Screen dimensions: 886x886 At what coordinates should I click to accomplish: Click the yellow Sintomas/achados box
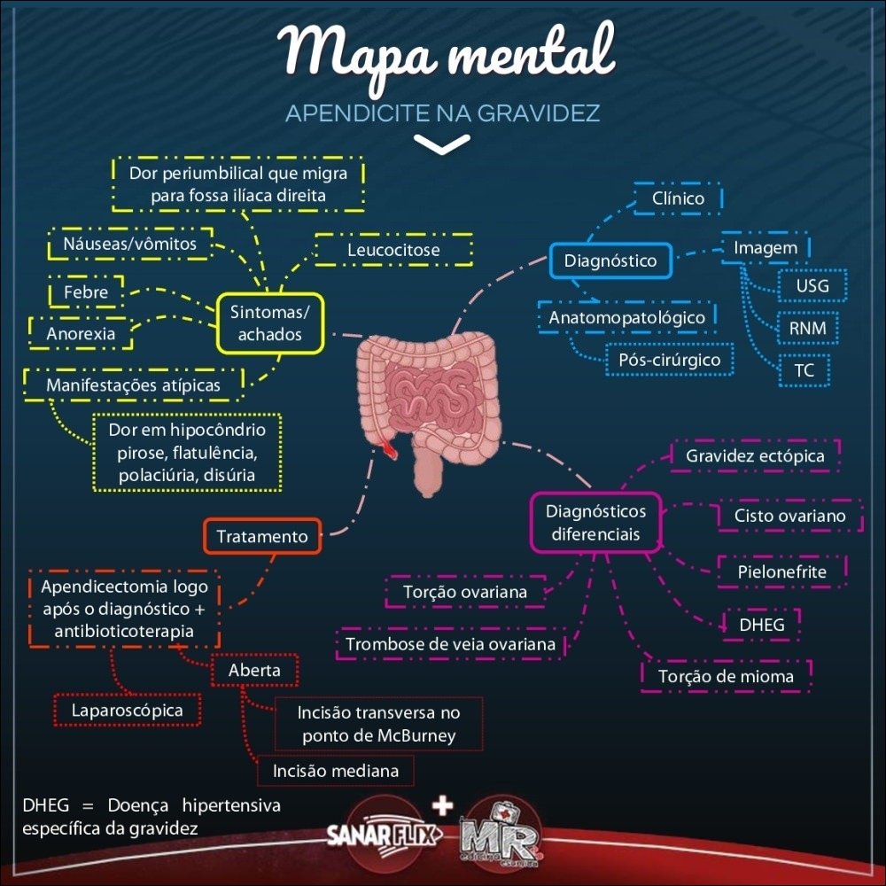pos(270,323)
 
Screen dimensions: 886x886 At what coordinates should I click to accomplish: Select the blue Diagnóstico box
pos(610,260)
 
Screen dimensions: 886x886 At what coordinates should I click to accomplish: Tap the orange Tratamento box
pos(262,536)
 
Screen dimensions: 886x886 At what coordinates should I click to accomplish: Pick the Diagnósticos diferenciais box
pos(595,523)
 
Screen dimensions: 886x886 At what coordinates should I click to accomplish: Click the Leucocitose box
pos(393,251)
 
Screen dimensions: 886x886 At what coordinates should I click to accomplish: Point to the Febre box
pos(86,291)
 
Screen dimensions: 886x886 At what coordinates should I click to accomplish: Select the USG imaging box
pos(812,287)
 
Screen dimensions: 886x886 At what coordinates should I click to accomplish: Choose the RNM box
pos(807,329)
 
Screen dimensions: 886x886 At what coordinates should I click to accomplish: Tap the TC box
pos(804,370)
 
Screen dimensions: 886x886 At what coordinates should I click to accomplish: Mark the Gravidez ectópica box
pos(755,455)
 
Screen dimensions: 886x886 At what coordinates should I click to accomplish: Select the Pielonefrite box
pos(781,571)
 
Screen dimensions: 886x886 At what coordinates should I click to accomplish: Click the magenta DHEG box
pos(762,625)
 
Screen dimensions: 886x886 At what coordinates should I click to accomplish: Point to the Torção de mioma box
pos(726,676)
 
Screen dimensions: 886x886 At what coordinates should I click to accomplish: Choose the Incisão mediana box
pos(336,771)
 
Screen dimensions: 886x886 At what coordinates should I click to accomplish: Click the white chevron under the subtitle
pos(441,144)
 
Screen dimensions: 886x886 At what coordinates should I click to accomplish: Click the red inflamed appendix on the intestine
pos(389,449)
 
